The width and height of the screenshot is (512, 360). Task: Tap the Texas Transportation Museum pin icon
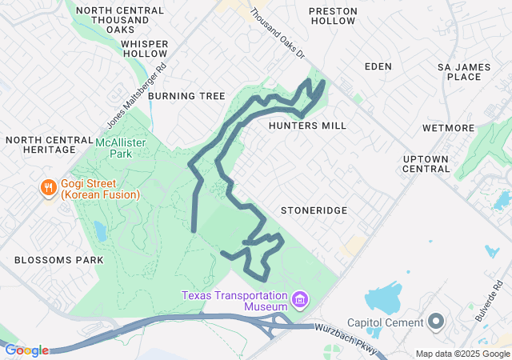[300, 301]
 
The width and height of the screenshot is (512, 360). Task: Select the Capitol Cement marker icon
[436, 322]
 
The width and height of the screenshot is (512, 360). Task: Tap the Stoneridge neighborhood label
[313, 210]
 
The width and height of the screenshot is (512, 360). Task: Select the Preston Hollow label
[331, 18]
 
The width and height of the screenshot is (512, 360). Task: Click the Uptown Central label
[426, 163]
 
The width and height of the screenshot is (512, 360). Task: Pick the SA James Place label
[464, 71]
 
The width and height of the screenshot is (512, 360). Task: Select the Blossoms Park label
[58, 260]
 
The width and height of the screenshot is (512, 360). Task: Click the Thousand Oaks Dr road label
[278, 33]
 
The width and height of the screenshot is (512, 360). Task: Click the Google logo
[26, 350]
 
